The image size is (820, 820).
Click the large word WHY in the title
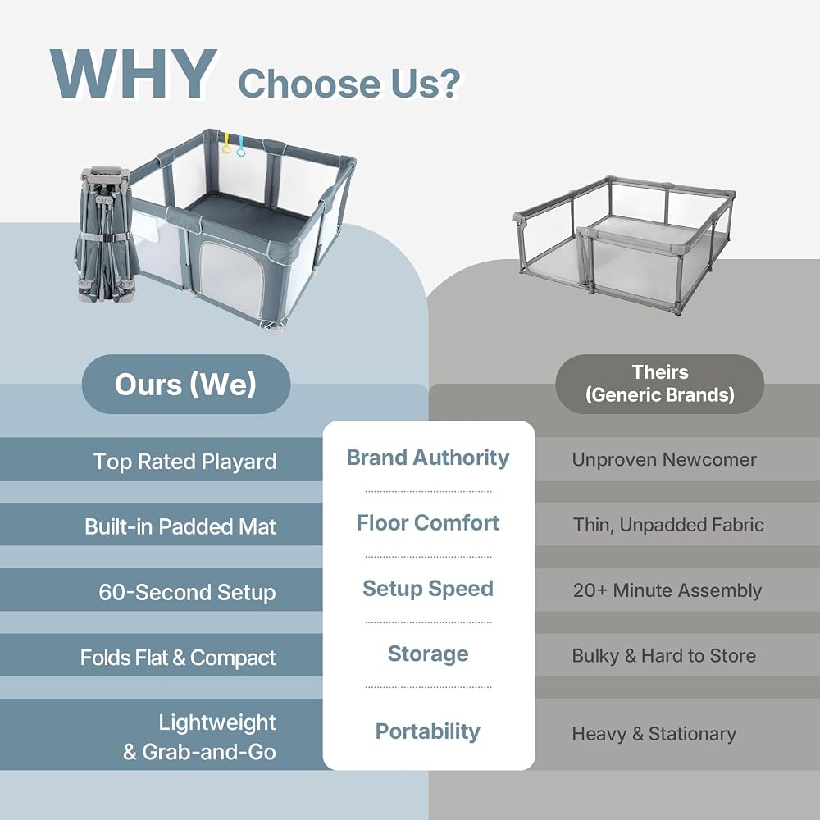134,74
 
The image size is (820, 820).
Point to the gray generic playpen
624,244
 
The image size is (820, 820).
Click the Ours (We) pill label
186,385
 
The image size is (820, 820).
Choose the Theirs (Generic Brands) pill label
659,384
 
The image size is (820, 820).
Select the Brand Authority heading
428,458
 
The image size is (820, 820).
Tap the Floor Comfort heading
428,523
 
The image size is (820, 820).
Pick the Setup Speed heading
428,589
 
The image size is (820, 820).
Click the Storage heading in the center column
428,654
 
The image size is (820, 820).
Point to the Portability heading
428,731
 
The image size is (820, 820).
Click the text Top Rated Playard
185,462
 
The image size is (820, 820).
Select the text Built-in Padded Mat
180,527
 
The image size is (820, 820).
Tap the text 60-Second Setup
187,593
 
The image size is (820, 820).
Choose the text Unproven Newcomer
664,460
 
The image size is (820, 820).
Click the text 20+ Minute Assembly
667,590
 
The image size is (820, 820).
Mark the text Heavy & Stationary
654,734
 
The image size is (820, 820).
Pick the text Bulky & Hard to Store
664,656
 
